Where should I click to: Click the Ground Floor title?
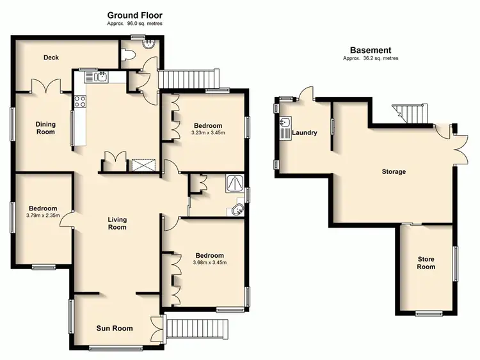(134, 15)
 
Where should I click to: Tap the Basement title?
(370, 50)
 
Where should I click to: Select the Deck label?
(51, 58)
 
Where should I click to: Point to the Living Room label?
(116, 223)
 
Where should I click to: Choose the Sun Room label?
(115, 329)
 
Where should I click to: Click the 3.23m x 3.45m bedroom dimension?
(208, 133)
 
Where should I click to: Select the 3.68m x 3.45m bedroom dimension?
(210, 262)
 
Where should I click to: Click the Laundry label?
(305, 133)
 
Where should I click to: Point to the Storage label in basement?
(393, 171)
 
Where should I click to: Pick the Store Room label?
(426, 263)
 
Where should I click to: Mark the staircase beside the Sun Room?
(196, 327)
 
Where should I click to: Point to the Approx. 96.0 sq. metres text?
(134, 24)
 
